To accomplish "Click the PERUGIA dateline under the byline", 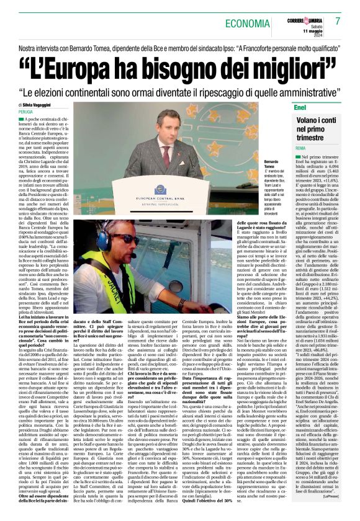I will (27, 112).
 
